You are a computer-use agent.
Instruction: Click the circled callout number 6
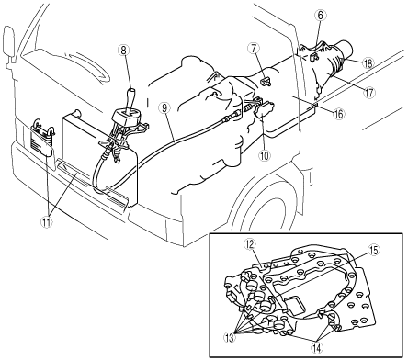coord(320,16)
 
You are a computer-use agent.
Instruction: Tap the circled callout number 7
coord(255,49)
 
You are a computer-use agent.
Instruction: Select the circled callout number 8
coord(123,51)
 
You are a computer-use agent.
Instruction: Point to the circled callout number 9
coord(164,108)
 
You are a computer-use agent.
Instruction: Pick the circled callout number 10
coord(265,155)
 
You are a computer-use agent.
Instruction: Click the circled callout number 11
coord(47,222)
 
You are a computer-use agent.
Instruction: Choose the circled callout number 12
coord(250,244)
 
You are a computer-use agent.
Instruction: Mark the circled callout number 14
coord(317,347)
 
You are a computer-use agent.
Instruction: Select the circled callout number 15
coord(373,250)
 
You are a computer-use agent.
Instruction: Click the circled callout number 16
coord(338,114)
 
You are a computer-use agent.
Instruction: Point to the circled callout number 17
coord(369,92)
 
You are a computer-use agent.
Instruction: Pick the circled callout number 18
coord(368,63)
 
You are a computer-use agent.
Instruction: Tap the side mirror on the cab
coord(9,42)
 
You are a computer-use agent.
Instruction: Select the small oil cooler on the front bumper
coord(42,137)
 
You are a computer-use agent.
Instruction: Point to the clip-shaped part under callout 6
coord(314,57)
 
